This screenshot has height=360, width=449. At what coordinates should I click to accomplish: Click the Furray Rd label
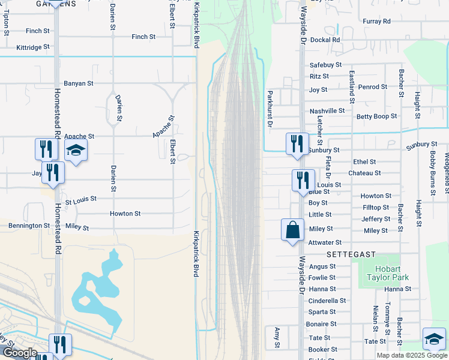pos(377,22)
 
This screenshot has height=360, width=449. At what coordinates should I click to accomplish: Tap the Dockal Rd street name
pos(327,40)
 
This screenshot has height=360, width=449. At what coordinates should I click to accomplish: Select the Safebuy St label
pos(325,65)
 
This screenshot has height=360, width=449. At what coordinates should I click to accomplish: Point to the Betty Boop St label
pos(377,116)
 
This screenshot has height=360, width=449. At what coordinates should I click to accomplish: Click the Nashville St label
pos(327,111)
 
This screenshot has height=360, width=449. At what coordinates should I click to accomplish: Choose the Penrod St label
pos(373,87)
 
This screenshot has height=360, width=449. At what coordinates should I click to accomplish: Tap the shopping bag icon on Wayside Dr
pos(292,230)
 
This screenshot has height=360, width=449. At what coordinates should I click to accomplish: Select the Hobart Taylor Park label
pos(392,273)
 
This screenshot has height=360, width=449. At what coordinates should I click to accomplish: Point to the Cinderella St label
pos(327,301)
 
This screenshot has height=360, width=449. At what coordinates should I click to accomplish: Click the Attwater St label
pos(325,242)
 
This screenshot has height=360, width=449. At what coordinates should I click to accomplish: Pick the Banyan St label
pos(79,83)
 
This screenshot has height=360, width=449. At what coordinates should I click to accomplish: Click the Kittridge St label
pos(33,46)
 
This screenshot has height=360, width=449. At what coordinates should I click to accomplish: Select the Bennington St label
pos(29,226)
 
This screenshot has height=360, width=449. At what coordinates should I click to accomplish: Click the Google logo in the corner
pos(20,353)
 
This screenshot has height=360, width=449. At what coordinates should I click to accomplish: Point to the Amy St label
pos(277,338)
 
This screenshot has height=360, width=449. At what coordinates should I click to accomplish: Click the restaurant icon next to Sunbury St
pos(297,144)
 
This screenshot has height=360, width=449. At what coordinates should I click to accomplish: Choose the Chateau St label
pos(367,173)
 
